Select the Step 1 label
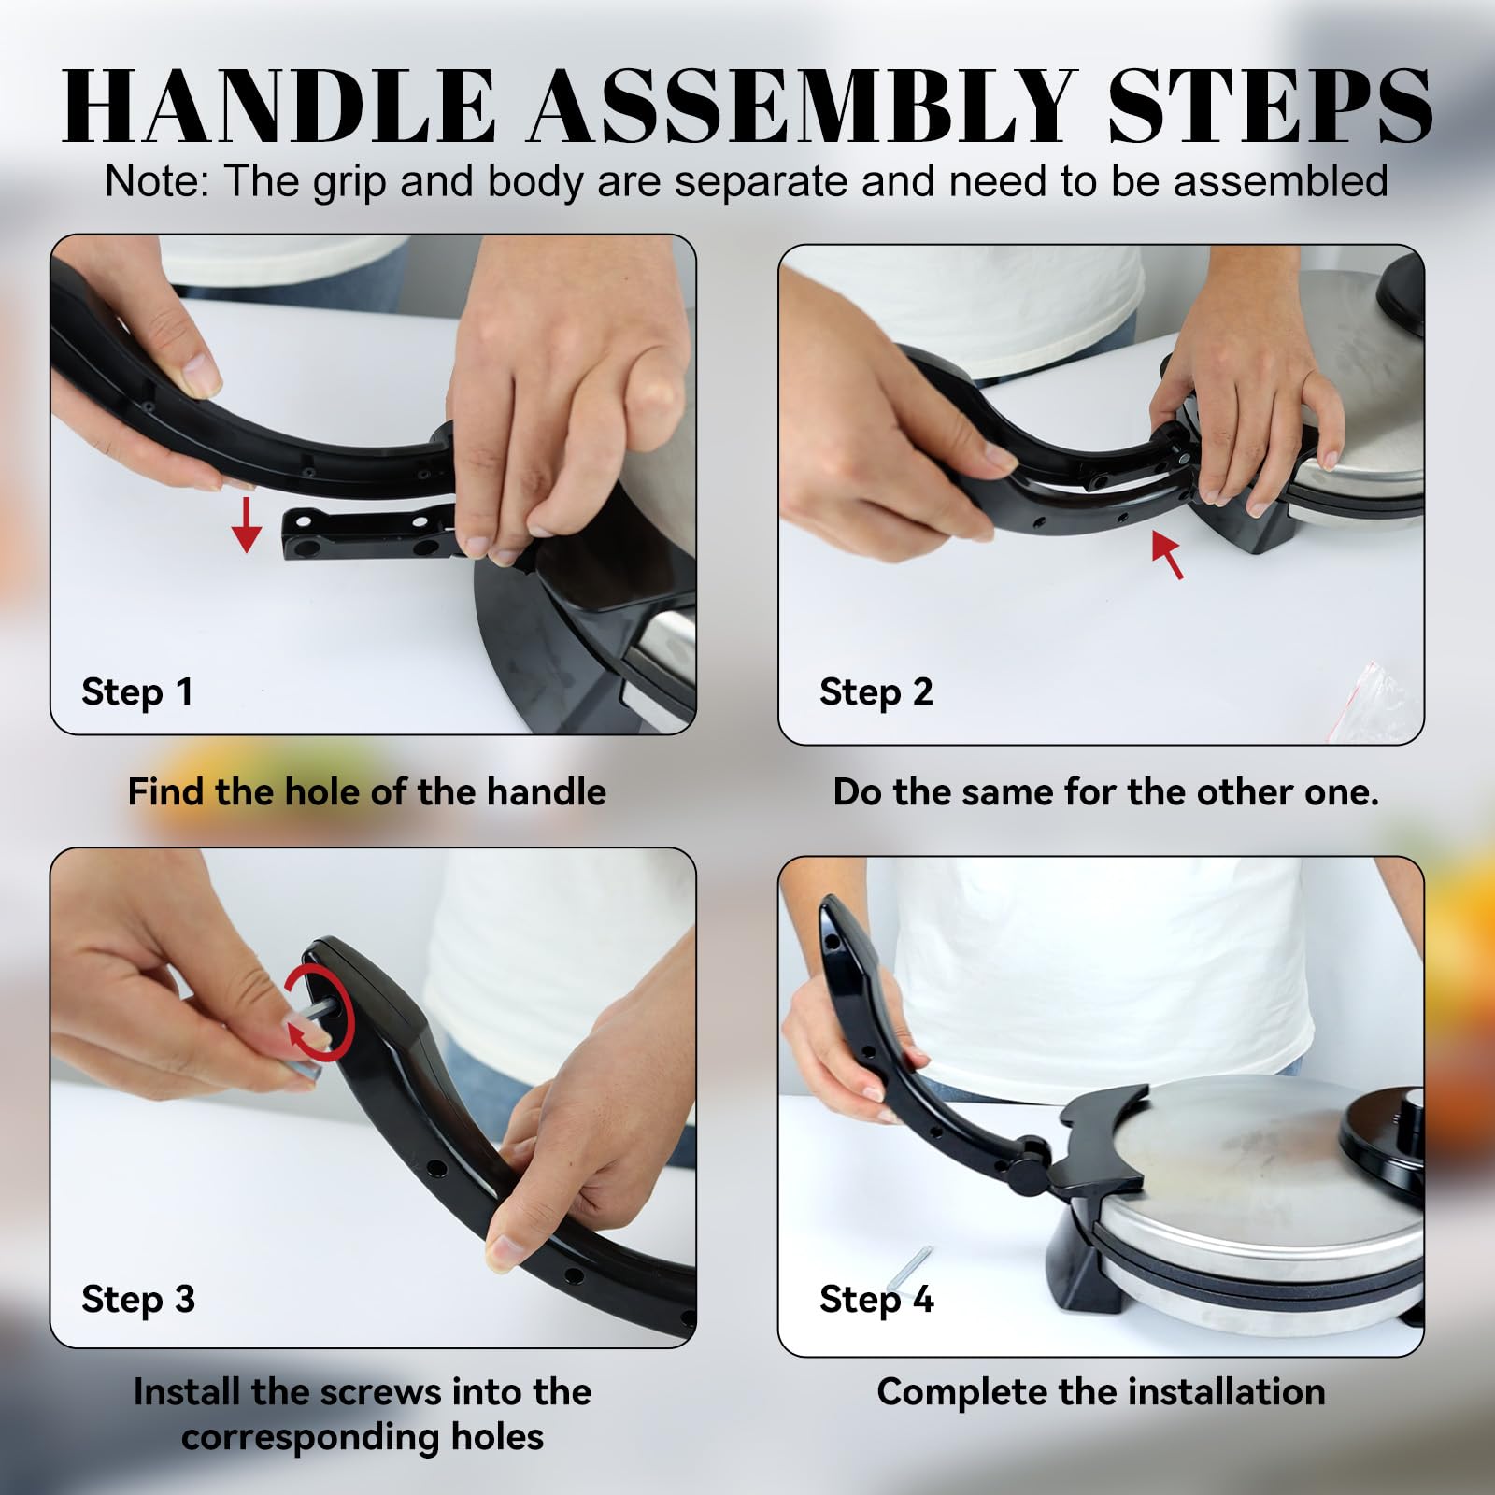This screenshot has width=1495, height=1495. coord(137,692)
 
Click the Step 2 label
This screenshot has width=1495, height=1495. coord(876,692)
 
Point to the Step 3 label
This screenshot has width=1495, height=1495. coord(138,1300)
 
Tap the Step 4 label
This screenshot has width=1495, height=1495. coord(876,1300)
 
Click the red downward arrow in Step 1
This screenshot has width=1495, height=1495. coord(247,524)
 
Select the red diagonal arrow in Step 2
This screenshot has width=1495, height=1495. coord(1168,554)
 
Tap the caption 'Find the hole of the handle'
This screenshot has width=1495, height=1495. coord(367,792)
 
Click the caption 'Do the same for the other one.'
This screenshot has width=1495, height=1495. coord(1106,792)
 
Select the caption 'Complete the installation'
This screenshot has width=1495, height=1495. coord(1102,1392)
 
